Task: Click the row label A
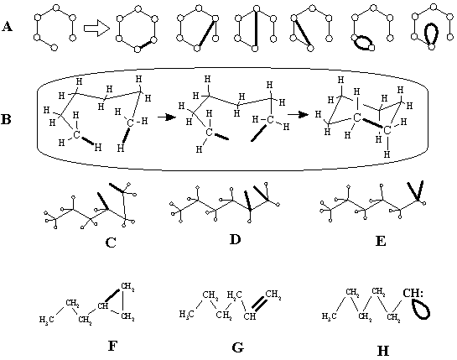click(7, 27)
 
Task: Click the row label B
click(7, 119)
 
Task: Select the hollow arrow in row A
click(96, 29)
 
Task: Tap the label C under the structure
click(111, 243)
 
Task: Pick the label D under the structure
click(236, 239)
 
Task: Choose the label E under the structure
click(381, 242)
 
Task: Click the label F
click(113, 347)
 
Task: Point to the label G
click(238, 347)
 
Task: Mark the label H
click(383, 351)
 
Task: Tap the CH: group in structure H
click(412, 293)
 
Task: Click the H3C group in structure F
click(47, 320)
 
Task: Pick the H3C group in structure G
click(186, 314)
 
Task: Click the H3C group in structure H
click(330, 316)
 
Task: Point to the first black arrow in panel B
click(167, 117)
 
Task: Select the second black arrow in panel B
click(298, 114)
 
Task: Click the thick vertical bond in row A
click(256, 29)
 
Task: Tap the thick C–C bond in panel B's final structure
click(372, 123)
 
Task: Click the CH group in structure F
click(103, 306)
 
